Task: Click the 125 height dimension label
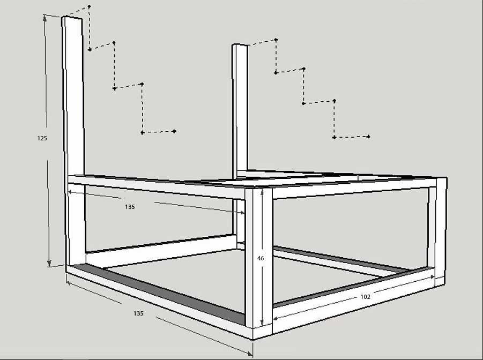42,138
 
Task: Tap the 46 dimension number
261,258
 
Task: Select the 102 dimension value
365,296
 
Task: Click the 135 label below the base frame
138,313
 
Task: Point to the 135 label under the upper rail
130,207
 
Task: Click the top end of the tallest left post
72,18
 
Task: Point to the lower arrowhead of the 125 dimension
49,264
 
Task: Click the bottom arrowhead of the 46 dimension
262,324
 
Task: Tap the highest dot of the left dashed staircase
89,6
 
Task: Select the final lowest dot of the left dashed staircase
175,131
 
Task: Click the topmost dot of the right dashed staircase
276,40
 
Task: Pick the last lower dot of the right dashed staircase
369,137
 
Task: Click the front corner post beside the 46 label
253,257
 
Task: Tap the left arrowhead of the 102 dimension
275,319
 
